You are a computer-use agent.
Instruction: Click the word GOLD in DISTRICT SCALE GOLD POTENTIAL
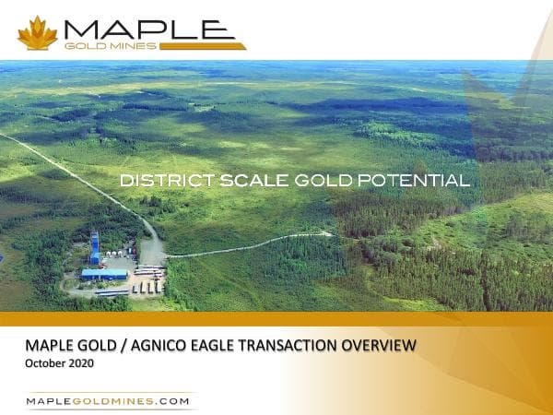tap(316, 182)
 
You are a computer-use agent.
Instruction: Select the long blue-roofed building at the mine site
tap(103, 274)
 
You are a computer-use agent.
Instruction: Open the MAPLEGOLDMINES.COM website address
tap(108, 401)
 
